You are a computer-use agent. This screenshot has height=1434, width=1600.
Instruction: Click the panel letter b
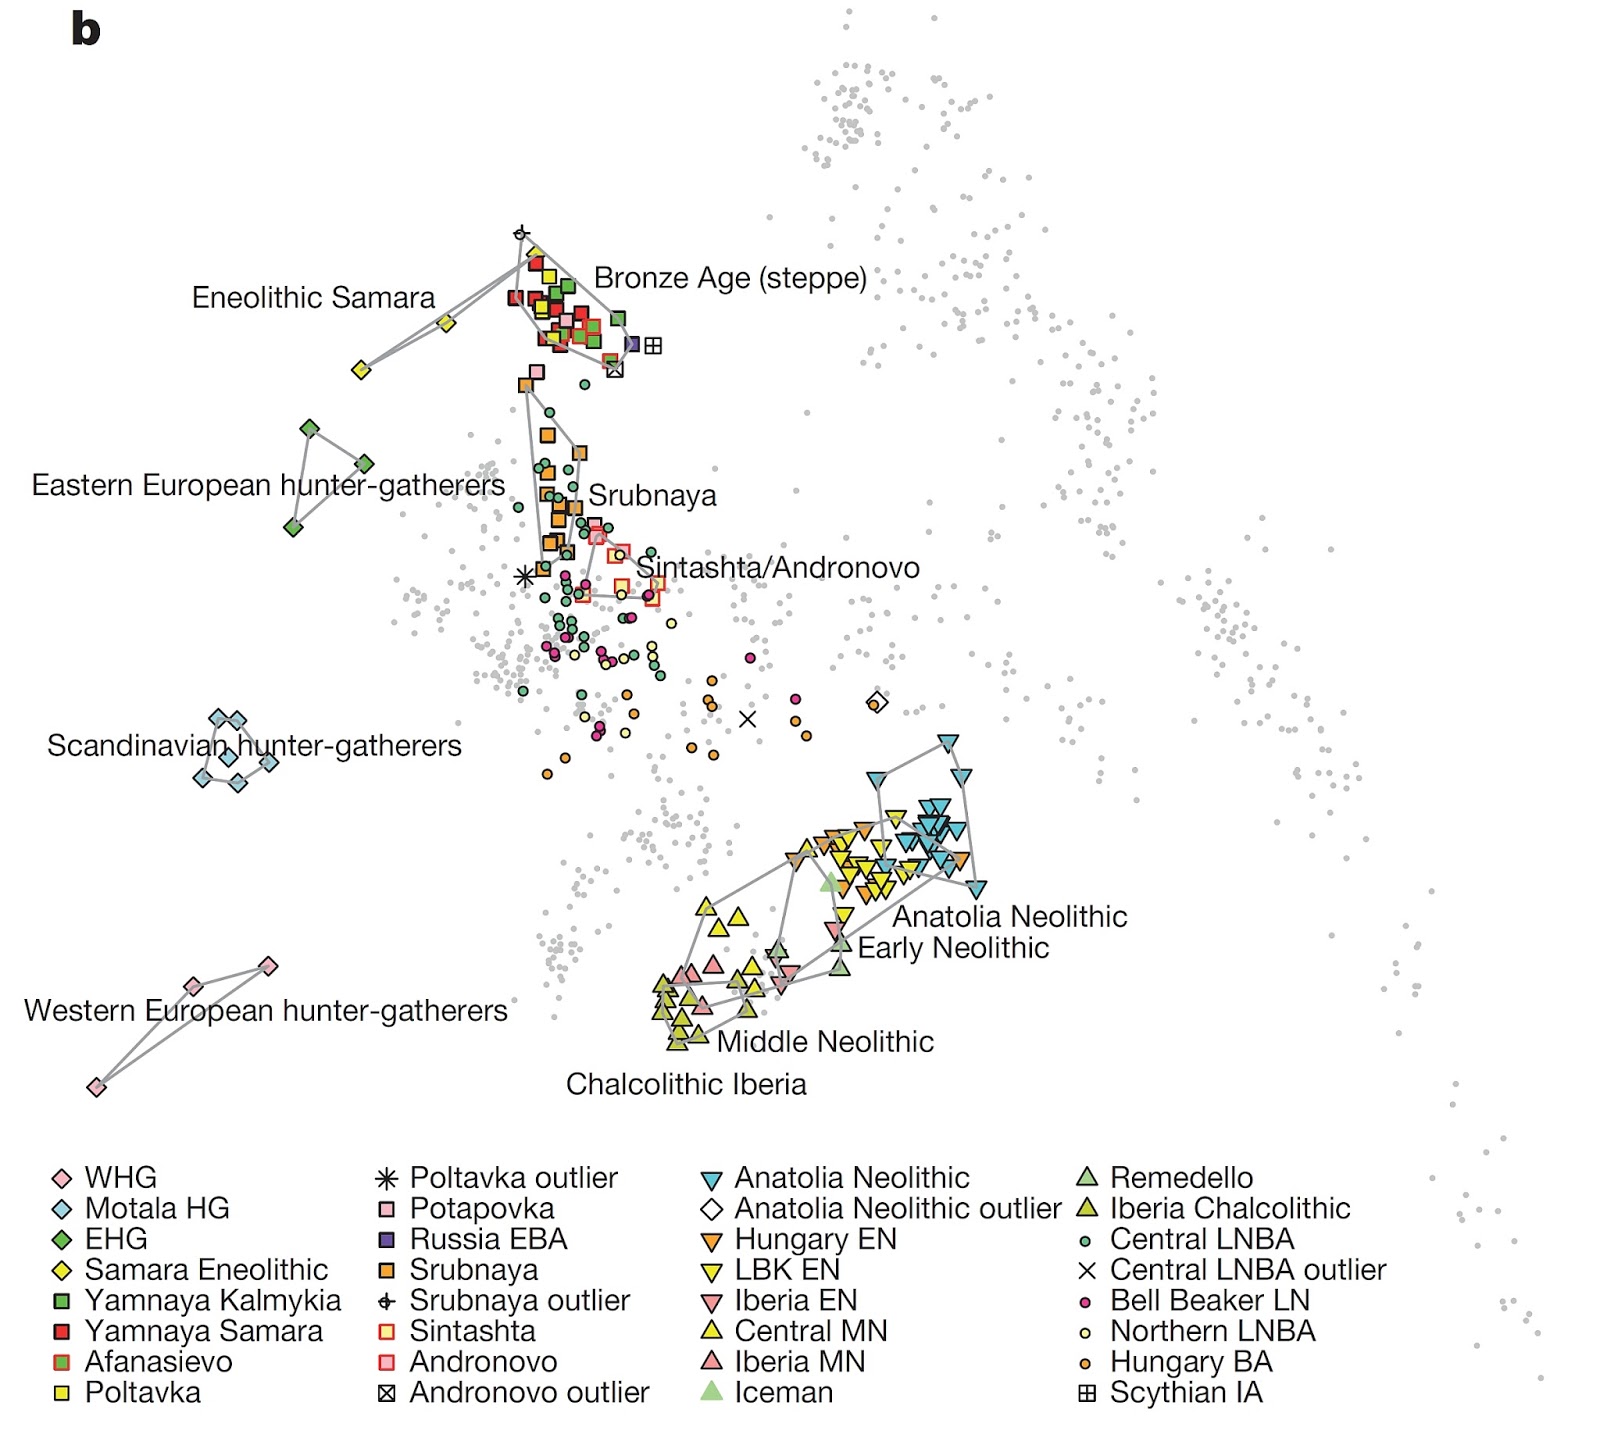click(x=86, y=29)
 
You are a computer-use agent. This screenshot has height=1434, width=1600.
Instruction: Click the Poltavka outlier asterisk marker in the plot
click(x=524, y=576)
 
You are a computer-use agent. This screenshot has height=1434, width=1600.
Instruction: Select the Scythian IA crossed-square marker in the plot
click(x=653, y=346)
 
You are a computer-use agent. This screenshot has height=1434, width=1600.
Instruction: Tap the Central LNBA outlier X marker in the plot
click(x=747, y=718)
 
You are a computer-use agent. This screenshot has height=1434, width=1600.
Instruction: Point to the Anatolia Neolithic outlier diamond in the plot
click(x=877, y=702)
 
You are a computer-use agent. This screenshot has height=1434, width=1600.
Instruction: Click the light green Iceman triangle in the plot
click(x=829, y=882)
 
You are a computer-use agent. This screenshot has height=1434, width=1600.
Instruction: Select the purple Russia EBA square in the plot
click(x=632, y=344)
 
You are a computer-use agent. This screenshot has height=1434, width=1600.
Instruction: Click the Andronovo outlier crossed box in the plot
click(x=615, y=370)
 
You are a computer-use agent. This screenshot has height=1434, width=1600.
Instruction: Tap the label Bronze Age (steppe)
click(x=730, y=278)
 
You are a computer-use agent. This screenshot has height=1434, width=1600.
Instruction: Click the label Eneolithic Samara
click(x=313, y=298)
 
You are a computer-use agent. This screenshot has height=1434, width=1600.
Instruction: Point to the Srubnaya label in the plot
click(x=652, y=496)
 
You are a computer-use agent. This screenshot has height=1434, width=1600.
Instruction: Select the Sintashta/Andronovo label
click(x=778, y=568)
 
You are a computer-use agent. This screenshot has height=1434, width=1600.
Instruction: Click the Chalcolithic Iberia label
click(x=686, y=1085)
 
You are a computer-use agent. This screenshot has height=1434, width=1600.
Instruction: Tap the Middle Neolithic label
click(x=825, y=1042)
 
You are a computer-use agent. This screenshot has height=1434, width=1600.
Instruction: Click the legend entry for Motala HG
click(x=156, y=1208)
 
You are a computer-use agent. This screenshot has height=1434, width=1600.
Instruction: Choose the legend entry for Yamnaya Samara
click(x=203, y=1331)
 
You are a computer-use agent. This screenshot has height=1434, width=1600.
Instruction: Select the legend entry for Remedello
click(x=1180, y=1178)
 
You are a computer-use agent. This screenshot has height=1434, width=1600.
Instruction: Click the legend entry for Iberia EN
click(x=795, y=1301)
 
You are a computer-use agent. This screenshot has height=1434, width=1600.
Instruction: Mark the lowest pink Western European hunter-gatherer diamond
click(x=96, y=1087)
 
